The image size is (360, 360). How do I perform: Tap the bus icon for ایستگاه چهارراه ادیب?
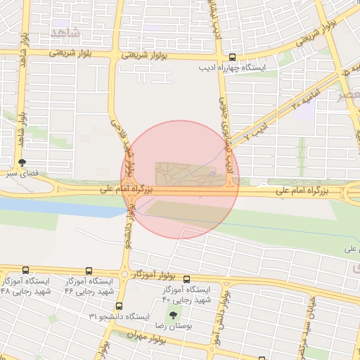(x=232, y=58)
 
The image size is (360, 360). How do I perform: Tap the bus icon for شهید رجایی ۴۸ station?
(x=26, y=271)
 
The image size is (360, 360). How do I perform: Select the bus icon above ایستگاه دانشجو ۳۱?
(x=119, y=306)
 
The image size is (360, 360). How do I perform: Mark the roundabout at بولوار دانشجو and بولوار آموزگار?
(x=124, y=274)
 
